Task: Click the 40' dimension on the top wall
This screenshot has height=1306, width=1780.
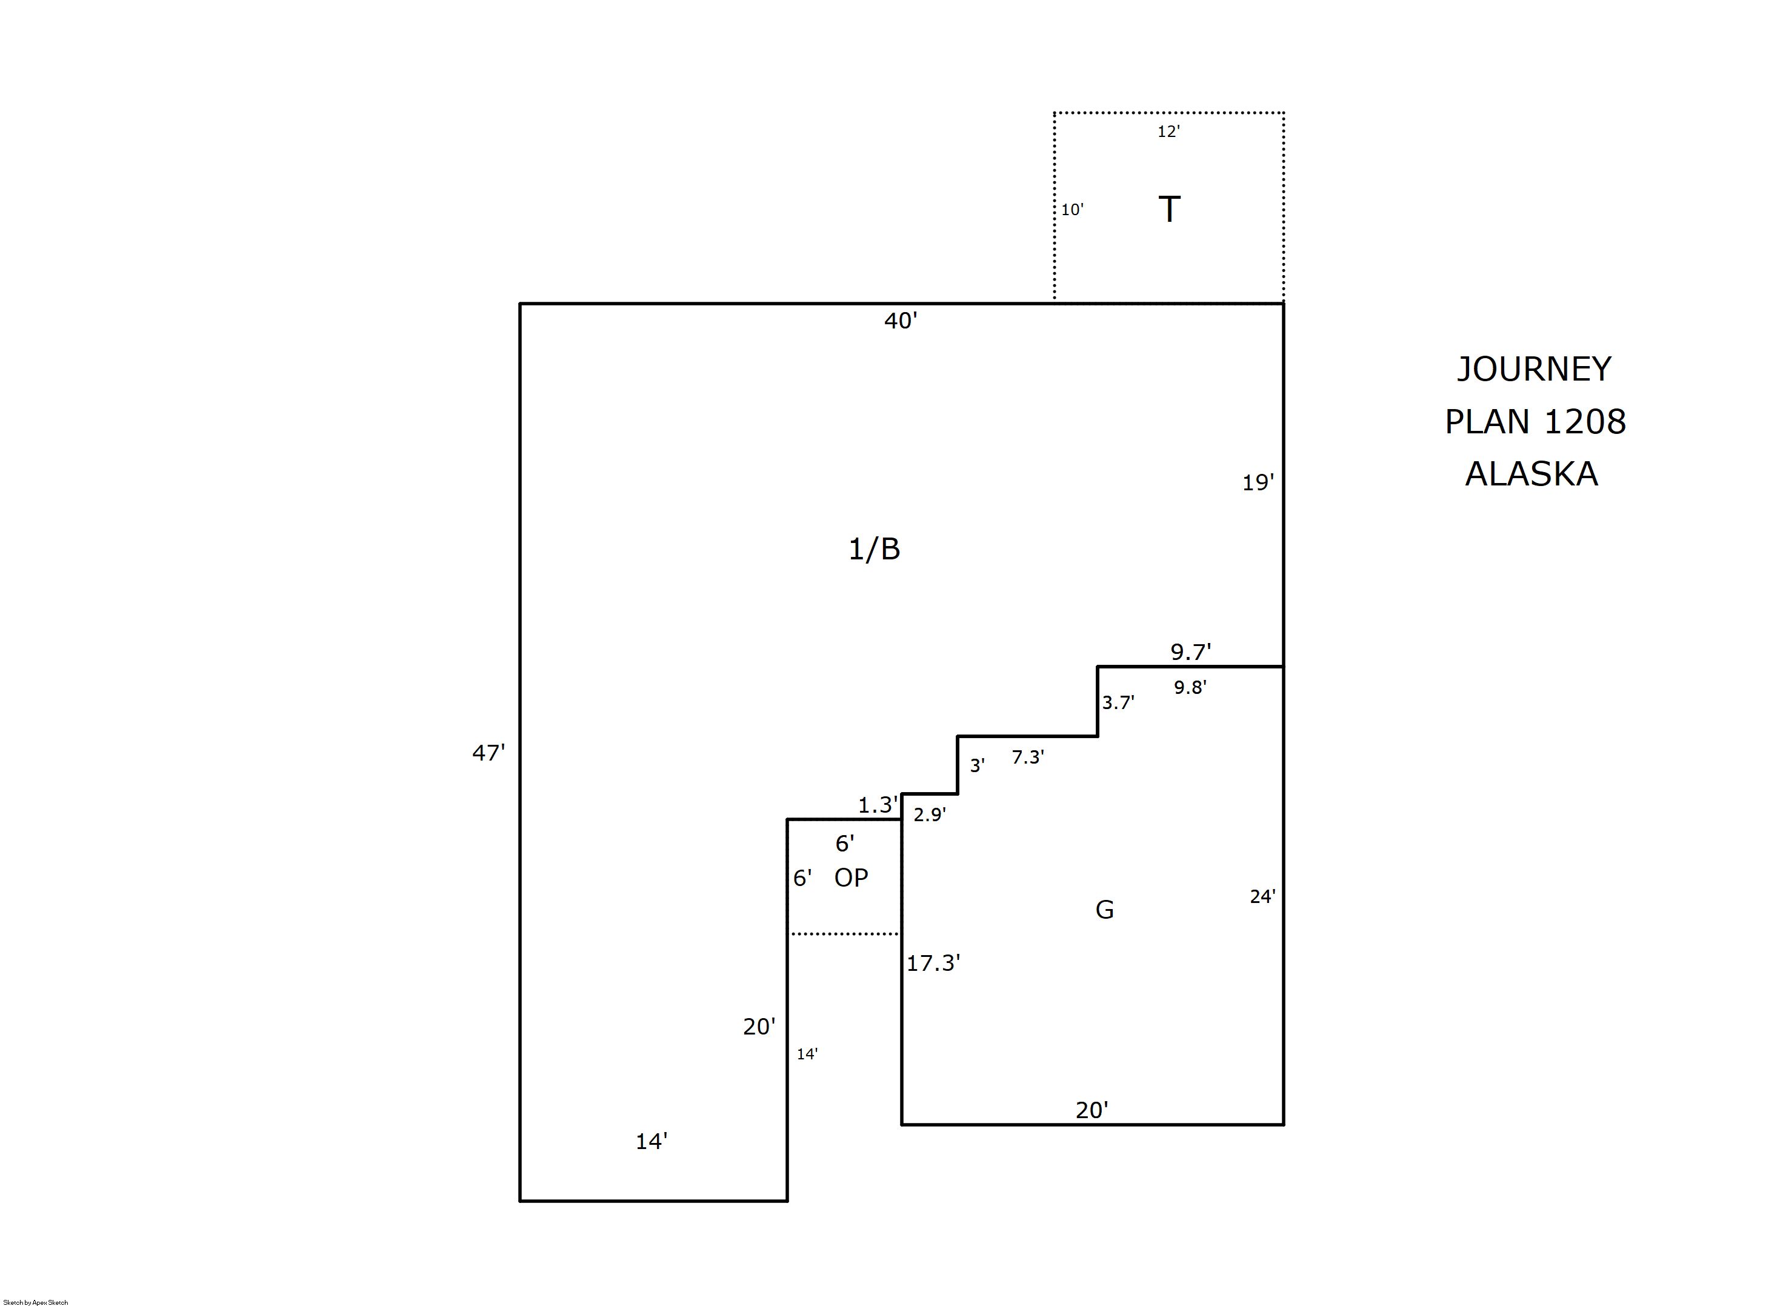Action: click(900, 321)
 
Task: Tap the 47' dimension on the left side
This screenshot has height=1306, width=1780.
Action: click(488, 753)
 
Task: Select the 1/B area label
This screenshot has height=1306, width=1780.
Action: click(874, 548)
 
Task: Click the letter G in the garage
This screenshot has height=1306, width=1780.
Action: click(1104, 910)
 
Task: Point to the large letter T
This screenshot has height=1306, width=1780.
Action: click(1169, 210)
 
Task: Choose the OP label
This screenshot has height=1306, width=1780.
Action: click(852, 878)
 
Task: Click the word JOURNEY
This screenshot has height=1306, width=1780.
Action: click(1534, 369)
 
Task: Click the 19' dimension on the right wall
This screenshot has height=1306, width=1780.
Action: click(1258, 482)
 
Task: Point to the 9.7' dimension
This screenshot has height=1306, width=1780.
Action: click(1191, 652)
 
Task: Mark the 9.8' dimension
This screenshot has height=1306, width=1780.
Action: click(1190, 688)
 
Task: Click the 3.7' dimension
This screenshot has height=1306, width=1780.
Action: click(1118, 703)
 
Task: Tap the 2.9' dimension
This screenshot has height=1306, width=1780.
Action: click(930, 815)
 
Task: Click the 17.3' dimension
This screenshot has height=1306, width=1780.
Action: click(933, 963)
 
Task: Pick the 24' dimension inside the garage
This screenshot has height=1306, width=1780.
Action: click(1262, 896)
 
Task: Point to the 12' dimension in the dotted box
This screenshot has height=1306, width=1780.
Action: click(1169, 132)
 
